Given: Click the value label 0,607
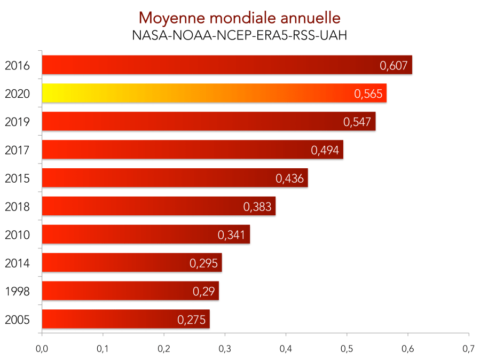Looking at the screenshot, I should click(394, 66).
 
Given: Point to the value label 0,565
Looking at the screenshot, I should click(368, 94).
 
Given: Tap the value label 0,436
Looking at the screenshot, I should click(289, 178).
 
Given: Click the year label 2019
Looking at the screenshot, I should click(17, 122).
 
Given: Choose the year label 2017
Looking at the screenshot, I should click(17, 150).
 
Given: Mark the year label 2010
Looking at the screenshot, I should click(17, 234).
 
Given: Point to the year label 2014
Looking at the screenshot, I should click(17, 263).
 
